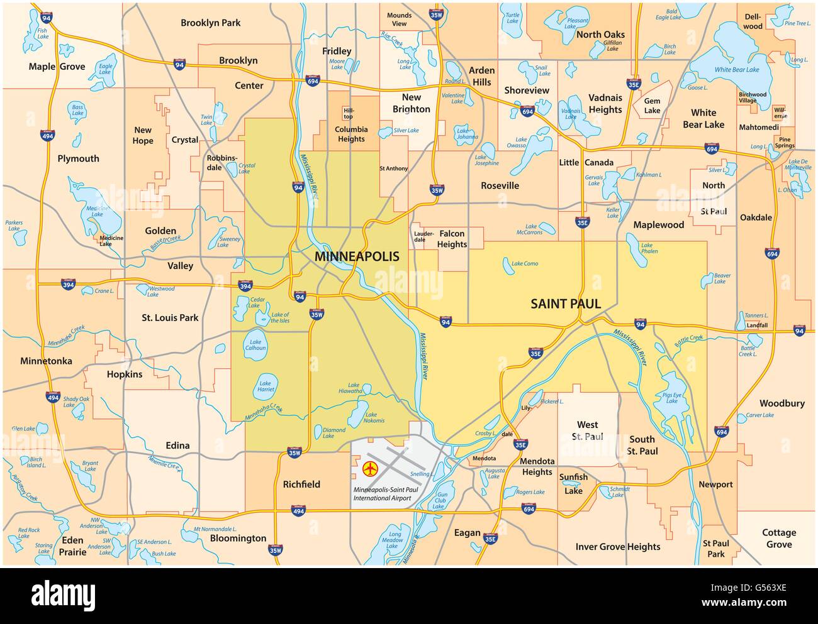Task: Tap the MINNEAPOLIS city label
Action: pos(357,256)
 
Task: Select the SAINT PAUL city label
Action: pos(565,304)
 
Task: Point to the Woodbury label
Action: pos(782,403)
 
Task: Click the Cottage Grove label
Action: pos(779,539)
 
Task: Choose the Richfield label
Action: pos(301,484)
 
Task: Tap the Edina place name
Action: pos(177,446)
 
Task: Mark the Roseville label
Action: pos(500,185)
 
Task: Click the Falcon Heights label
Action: pos(452,239)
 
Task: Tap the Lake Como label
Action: pos(525,264)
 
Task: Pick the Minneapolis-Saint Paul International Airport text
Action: pos(381,493)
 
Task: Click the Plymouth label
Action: pos(78,158)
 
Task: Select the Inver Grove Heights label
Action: pos(617,547)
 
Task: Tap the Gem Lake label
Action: pos(652,106)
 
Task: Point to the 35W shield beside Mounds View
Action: pos(435,14)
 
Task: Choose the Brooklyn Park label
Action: pos(210,23)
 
